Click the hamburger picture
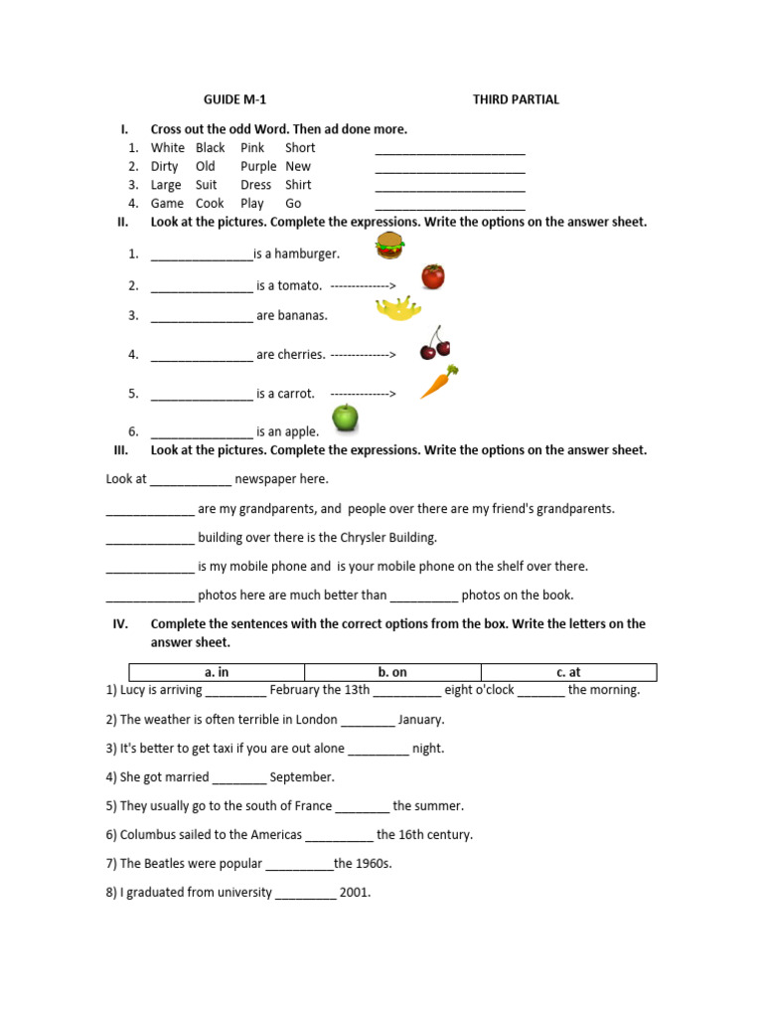click(x=388, y=246)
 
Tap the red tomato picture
click(x=432, y=275)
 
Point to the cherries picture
click(x=434, y=343)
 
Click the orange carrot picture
click(x=438, y=382)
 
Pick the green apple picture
click(x=345, y=418)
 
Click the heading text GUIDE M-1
click(x=234, y=99)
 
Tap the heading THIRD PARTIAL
click(x=516, y=99)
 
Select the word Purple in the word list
click(x=258, y=166)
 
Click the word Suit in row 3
click(x=206, y=185)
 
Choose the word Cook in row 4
click(x=209, y=204)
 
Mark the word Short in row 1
click(x=300, y=148)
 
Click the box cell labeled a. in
click(x=217, y=672)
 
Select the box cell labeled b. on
click(x=392, y=672)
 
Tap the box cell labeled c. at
click(x=568, y=672)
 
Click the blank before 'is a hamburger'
click(x=202, y=254)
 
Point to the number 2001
click(x=355, y=893)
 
